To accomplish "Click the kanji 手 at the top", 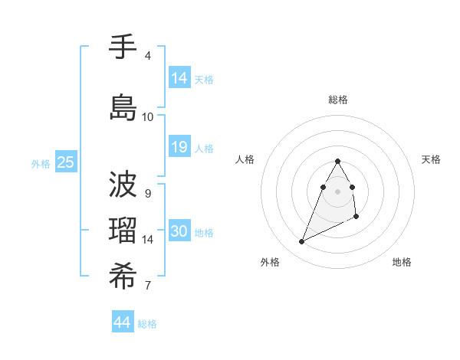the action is (123, 47).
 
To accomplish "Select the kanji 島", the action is (123, 107).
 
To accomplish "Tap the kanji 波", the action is (123, 184).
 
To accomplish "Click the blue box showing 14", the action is (179, 77).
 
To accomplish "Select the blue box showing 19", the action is (179, 146).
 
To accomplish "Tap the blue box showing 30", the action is (179, 231).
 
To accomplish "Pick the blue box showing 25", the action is (66, 162).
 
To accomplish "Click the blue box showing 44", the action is (123, 322).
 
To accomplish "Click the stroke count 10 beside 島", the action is (147, 116).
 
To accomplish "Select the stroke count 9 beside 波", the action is (147, 193).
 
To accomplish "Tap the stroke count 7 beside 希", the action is (147, 286).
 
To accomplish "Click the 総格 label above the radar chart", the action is (338, 100).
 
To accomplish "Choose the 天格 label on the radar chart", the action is (431, 159).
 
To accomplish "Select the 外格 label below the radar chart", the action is (270, 262).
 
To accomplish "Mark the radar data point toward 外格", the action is (301, 242).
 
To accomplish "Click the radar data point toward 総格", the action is (337, 161).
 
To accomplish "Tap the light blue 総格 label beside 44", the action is (147, 324).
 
